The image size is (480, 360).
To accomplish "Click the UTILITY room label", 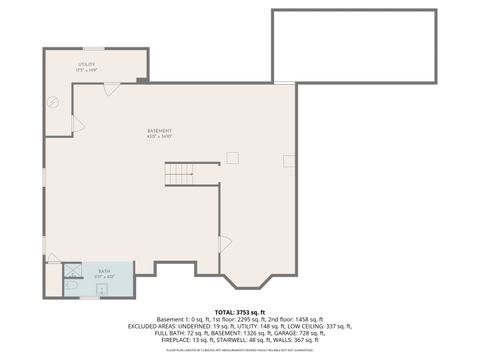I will (x=87, y=64).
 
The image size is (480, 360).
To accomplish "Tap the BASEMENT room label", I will (x=160, y=131).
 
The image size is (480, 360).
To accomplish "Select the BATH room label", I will (x=104, y=270).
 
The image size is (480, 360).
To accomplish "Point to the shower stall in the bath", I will (x=73, y=269).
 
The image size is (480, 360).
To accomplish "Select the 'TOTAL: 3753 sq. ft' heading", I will (x=240, y=312).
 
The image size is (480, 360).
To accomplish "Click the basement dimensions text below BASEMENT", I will (x=160, y=137).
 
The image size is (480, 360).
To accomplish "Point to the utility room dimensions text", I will (x=87, y=70).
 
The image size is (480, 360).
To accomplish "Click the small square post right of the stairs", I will (x=233, y=157).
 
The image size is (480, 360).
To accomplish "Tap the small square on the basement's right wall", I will (x=288, y=160).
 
